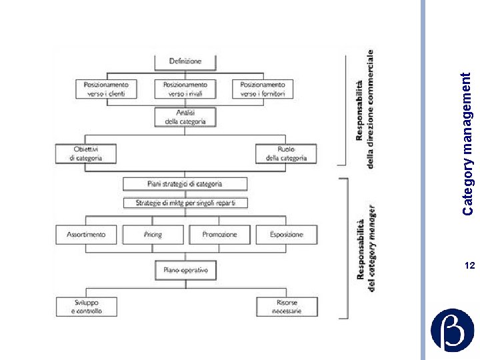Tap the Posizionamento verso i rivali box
(x=185, y=89)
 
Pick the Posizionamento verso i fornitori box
(x=263, y=89)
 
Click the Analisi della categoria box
(x=185, y=117)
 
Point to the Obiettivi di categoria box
(x=86, y=153)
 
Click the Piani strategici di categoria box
(x=185, y=183)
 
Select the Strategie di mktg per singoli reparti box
(x=185, y=202)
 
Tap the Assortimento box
(x=86, y=235)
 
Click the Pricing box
(x=153, y=235)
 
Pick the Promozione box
(x=219, y=235)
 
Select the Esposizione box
(x=286, y=235)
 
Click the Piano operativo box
(x=185, y=270)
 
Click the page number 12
(x=469, y=266)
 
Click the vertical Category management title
(x=469, y=143)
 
